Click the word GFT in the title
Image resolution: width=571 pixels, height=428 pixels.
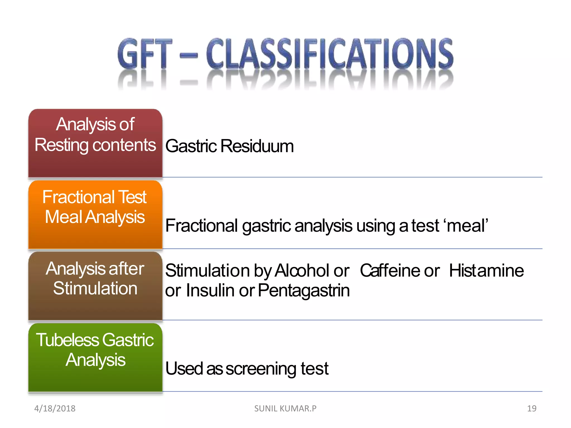pos(144,53)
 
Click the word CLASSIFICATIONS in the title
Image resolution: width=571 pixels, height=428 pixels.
pos(330,53)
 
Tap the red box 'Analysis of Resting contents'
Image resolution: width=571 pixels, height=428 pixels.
pos(95,143)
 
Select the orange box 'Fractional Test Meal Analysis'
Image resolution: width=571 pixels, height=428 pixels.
pos(95,214)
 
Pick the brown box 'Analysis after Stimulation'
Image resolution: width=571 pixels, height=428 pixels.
pos(95,286)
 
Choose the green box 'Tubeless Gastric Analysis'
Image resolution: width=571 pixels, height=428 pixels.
pos(95,358)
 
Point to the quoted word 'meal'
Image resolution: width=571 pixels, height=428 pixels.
pos(467,226)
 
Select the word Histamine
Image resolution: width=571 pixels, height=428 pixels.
pos(486,271)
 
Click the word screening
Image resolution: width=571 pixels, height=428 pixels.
pos(261,369)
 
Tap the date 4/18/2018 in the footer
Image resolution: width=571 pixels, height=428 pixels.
pos(55,408)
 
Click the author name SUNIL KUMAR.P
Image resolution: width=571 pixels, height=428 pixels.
pos(285,408)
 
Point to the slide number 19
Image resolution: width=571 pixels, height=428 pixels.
pos(531,408)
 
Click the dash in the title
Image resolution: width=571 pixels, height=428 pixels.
pos(189,55)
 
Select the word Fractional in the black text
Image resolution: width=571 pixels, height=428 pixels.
pos(201,226)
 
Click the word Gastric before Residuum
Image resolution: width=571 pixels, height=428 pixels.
pos(191,146)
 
